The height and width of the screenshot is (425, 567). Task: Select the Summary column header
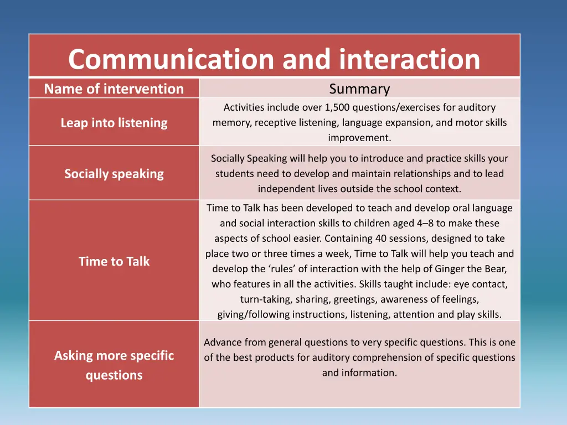coord(359,89)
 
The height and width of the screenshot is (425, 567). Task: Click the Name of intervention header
coord(114,89)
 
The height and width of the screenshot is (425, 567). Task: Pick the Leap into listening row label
coord(114,123)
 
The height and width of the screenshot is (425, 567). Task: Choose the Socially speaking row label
coord(114,174)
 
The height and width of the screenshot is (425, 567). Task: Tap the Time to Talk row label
coord(114,261)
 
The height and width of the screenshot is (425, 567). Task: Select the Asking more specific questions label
coord(114,365)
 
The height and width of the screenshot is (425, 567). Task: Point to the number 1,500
coord(337,107)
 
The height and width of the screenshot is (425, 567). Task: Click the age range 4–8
coord(426,224)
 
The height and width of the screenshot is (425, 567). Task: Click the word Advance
coord(221,343)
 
